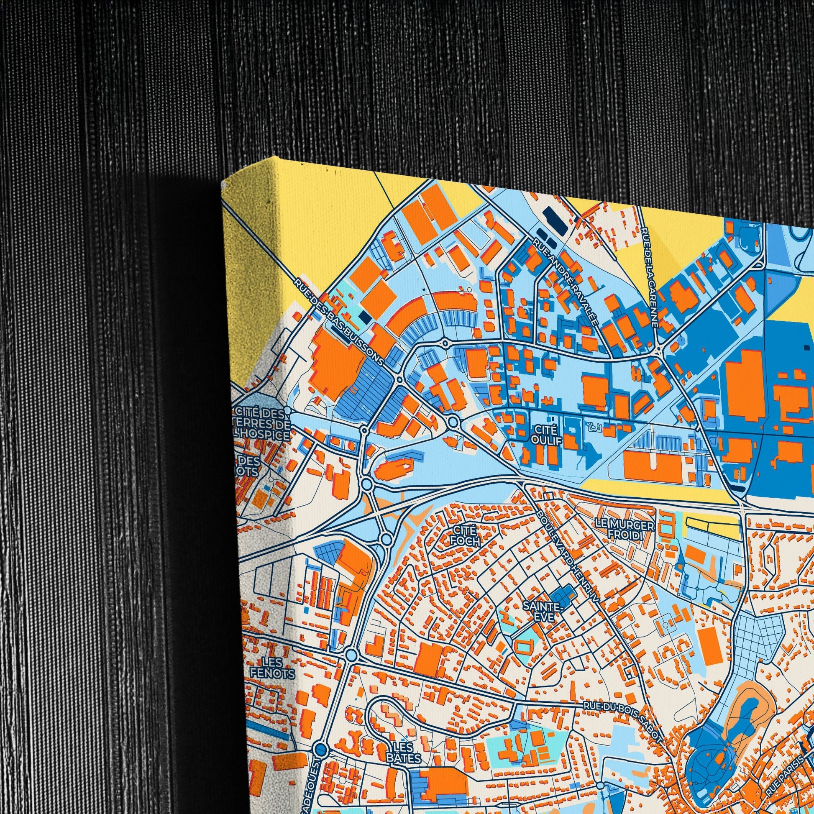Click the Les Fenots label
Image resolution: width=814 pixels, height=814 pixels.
272,668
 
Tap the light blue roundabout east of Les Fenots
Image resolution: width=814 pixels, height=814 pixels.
351,666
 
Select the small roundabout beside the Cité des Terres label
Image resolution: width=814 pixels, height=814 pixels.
287,410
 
